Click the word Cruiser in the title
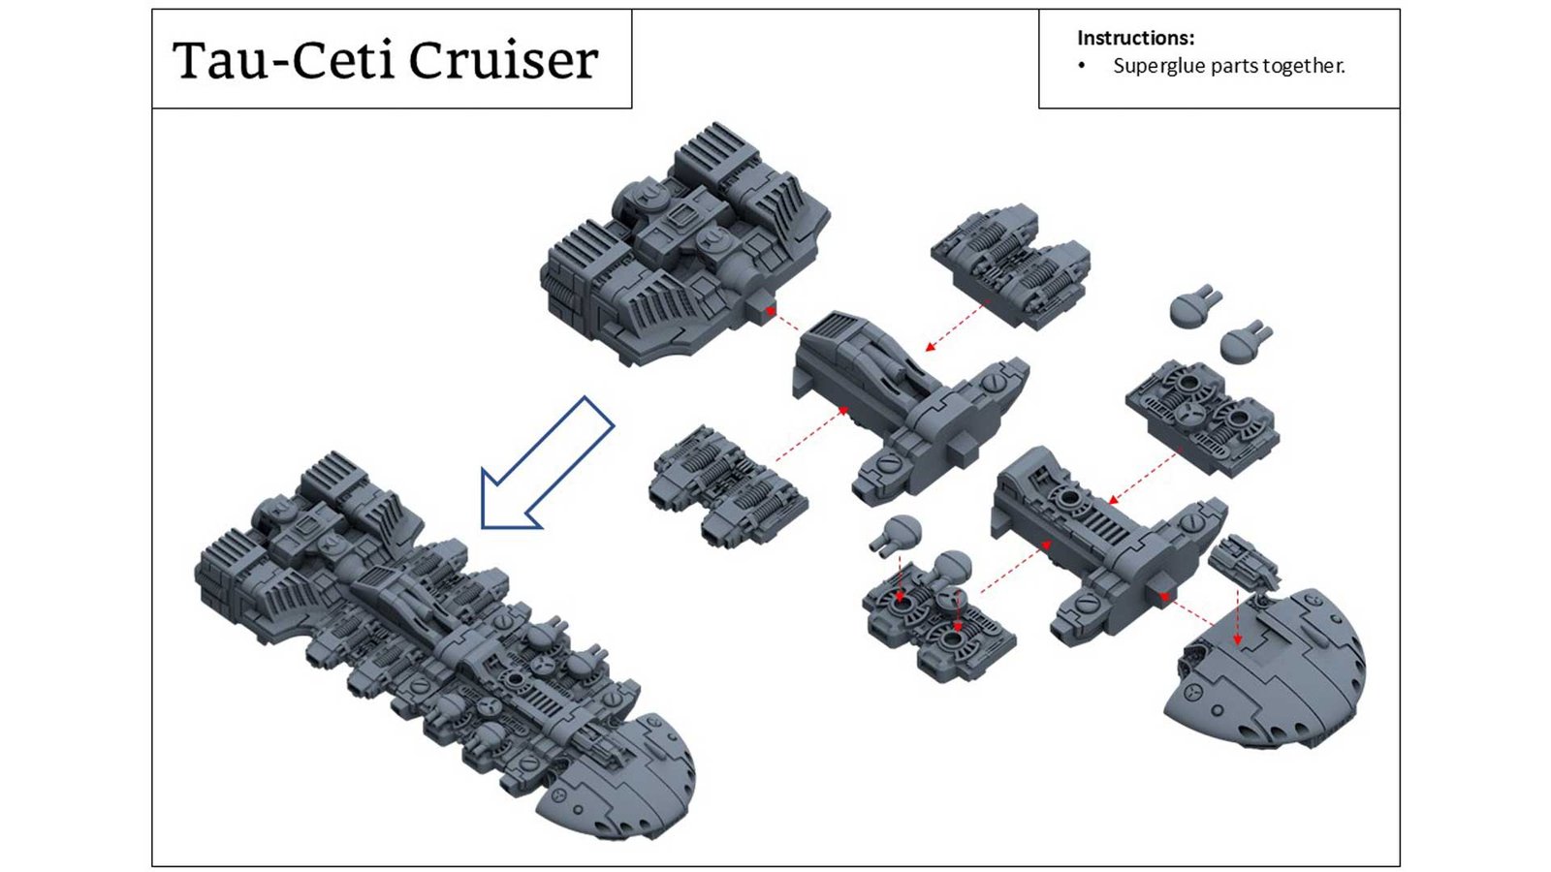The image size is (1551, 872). coord(503,60)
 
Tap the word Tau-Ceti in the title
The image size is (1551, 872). coord(284,60)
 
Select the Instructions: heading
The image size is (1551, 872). coord(1135,38)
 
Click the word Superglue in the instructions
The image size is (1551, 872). coord(1160,66)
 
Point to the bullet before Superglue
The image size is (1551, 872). coord(1082,66)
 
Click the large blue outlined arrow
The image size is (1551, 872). coord(545,463)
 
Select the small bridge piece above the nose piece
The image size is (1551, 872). coord(1244,563)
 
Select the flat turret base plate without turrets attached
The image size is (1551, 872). coord(1201,418)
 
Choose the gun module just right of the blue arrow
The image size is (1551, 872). coord(727,484)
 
